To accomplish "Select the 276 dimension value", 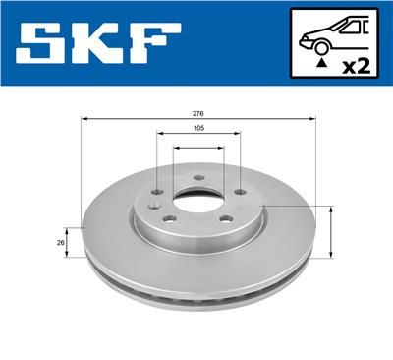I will pyautogui.click(x=198, y=112).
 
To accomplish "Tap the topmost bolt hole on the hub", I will pyautogui.click(x=197, y=178).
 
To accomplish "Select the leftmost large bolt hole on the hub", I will pyautogui.click(x=157, y=193).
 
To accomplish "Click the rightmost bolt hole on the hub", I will pyautogui.click(x=239, y=193).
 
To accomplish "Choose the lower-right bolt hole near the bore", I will pyautogui.click(x=224, y=219).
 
